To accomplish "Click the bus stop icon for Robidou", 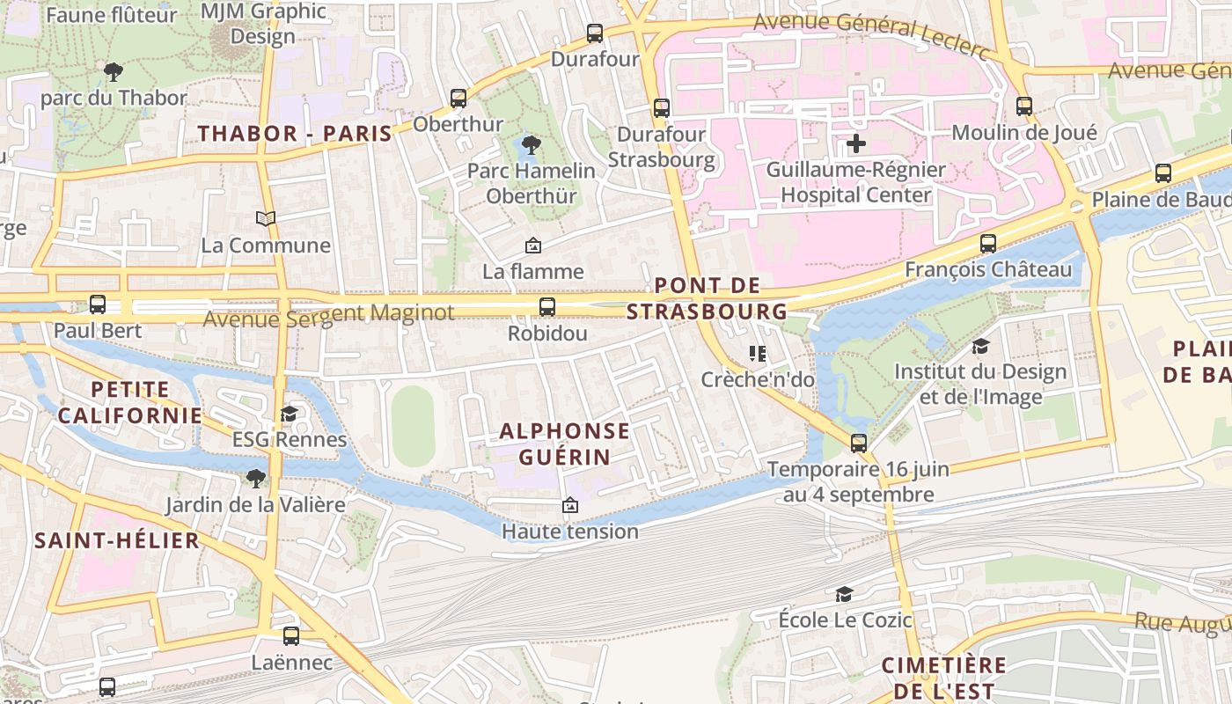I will (x=546, y=307).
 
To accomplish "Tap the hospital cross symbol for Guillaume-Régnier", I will (x=855, y=143).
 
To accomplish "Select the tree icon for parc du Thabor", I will (x=113, y=71).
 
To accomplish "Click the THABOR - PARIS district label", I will (x=295, y=134).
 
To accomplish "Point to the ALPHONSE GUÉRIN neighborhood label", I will (x=564, y=444).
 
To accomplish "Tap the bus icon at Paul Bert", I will (x=98, y=304).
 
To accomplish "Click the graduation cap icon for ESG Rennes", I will (x=289, y=414).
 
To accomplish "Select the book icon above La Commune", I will (x=265, y=218).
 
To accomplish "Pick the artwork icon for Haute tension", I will (x=569, y=505).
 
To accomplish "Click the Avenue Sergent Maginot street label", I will (x=328, y=314).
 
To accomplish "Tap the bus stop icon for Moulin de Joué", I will (x=1024, y=106).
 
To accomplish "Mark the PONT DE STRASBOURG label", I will (x=707, y=298).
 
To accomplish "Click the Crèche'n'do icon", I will (x=757, y=354).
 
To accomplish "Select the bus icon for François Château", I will (x=988, y=244).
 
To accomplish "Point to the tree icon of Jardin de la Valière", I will (x=255, y=479).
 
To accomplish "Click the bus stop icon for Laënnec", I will (x=291, y=635).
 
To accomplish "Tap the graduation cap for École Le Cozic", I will (x=844, y=594).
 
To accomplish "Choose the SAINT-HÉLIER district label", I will (x=117, y=540).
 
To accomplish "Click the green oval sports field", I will (x=413, y=426).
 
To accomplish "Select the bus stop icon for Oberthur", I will (x=458, y=99).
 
